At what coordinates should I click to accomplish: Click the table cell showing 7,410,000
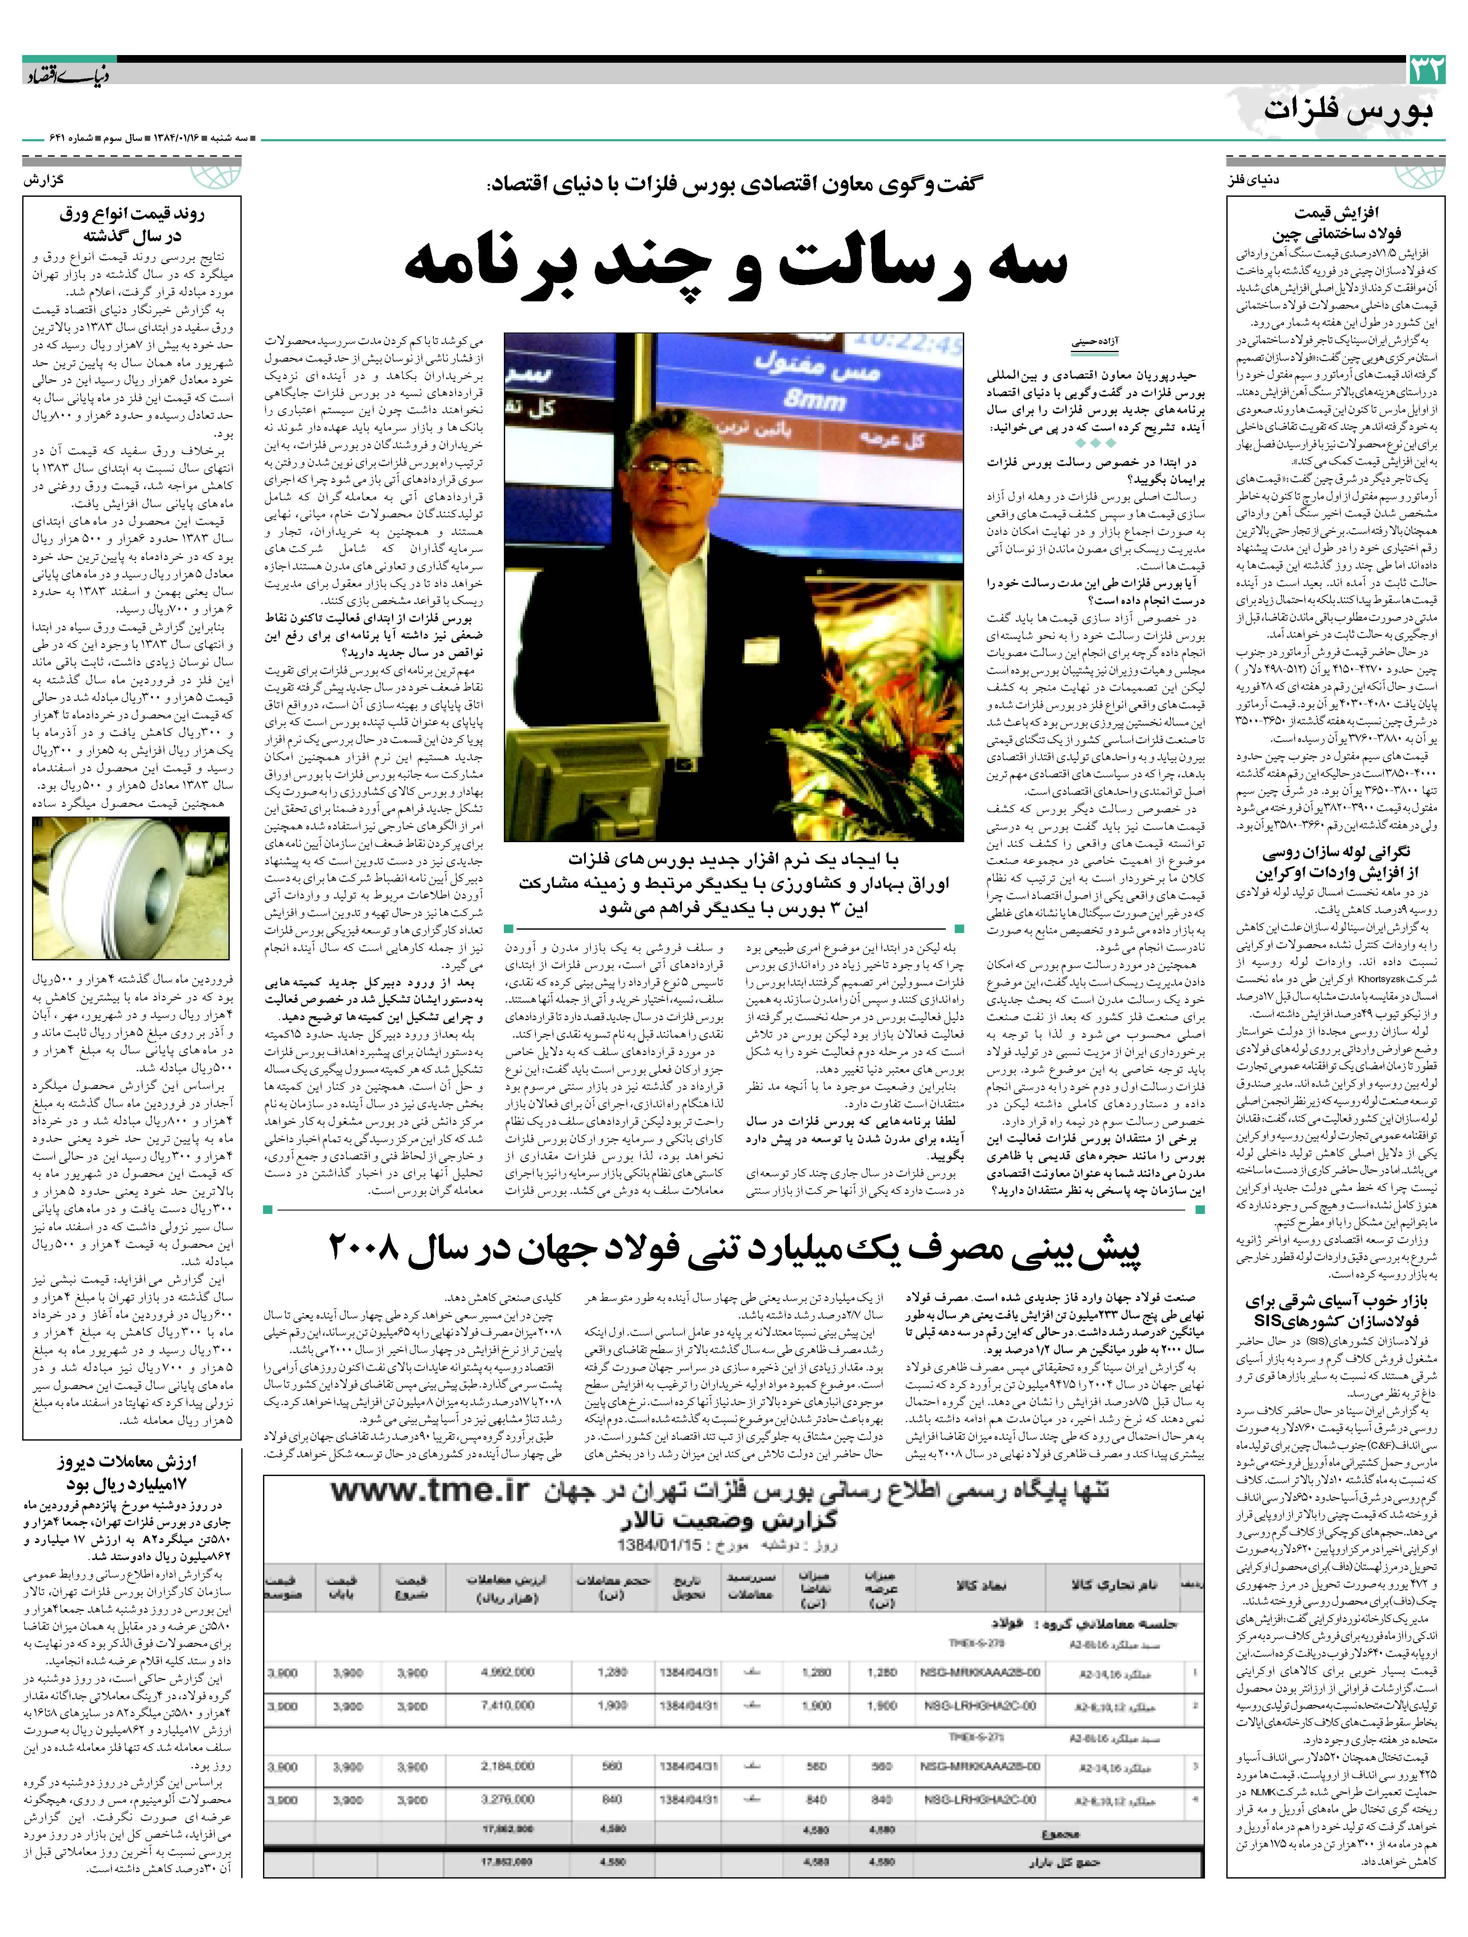[x=508, y=1706]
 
